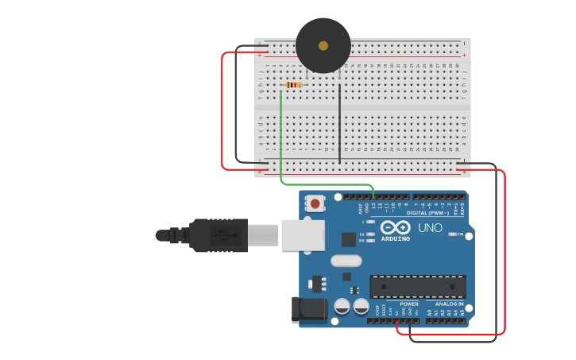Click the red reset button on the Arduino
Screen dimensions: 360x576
315,203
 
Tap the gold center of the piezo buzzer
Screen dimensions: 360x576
323,46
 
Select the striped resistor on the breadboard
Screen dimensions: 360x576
294,85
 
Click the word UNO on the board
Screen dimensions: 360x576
430,228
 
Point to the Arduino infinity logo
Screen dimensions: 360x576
395,226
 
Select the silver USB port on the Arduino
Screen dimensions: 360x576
303,234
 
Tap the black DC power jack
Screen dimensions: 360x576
309,310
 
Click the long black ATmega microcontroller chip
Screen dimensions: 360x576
418,287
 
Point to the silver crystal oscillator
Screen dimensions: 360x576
346,261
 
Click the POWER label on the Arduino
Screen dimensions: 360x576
409,304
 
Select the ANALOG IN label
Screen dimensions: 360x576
449,304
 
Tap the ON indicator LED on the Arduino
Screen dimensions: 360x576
451,234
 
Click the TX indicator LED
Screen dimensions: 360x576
371,234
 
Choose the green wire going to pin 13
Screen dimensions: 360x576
281,143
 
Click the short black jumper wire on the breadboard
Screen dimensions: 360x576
340,123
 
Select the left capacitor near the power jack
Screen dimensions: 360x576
342,306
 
